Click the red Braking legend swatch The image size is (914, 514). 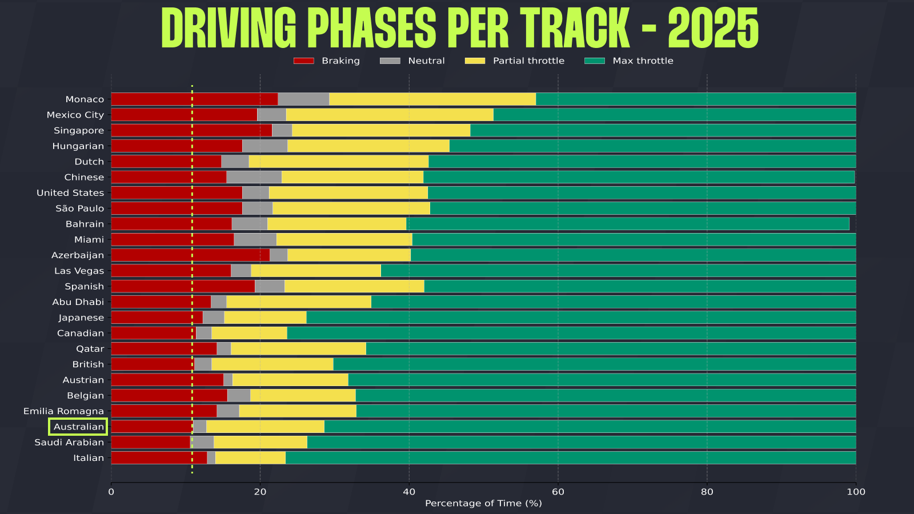(x=303, y=61)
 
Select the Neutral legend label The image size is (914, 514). (x=426, y=61)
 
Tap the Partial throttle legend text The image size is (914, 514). (x=528, y=61)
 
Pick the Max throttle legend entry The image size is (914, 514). (x=643, y=61)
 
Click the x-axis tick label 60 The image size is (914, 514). (x=558, y=492)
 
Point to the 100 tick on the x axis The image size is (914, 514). (x=856, y=492)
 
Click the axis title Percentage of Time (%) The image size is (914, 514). (x=483, y=503)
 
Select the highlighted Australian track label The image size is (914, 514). (x=78, y=427)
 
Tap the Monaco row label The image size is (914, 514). (x=85, y=99)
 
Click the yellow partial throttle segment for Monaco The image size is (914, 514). (x=432, y=99)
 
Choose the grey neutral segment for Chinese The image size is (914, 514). (x=254, y=177)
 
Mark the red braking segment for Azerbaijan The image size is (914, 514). (x=190, y=255)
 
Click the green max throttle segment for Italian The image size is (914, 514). (x=570, y=457)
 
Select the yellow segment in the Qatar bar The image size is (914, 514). (x=298, y=348)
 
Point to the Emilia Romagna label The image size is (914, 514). (x=63, y=411)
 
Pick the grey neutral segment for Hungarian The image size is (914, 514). (x=264, y=146)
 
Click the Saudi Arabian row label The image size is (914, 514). (x=69, y=442)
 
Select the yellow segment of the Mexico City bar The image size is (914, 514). (x=390, y=114)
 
